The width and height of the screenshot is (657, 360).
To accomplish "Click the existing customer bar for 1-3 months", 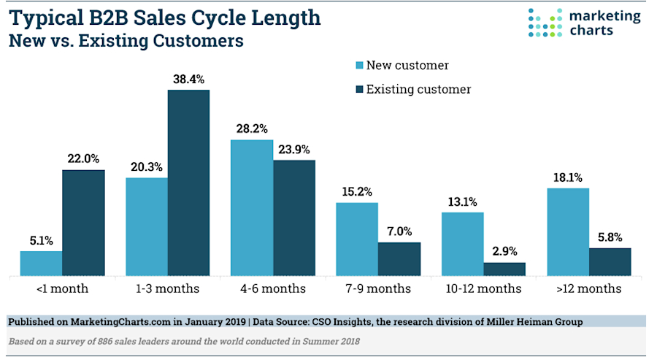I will pos(188,183).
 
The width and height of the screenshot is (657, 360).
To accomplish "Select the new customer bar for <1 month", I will pos(41,264).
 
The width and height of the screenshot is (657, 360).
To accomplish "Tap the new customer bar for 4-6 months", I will pos(252,208).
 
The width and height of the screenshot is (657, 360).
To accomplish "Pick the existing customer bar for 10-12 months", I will pos(504,269).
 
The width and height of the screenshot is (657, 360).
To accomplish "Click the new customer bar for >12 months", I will pos(568,232).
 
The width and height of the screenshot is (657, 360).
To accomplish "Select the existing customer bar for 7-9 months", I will pos(399,259).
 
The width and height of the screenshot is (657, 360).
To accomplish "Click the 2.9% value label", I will pos(504,252).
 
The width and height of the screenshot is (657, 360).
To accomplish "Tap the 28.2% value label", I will pos(252,129).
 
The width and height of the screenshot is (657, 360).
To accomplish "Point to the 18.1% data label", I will pos(568,177).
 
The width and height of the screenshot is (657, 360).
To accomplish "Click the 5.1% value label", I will pos(41,240).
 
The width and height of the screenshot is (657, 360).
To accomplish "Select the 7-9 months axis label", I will pos(378,288).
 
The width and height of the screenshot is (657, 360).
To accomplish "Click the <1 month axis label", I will pos(62,288).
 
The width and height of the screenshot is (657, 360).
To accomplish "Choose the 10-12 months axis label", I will pos(484,288).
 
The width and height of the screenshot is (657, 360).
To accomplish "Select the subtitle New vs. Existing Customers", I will pos(125,42).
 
